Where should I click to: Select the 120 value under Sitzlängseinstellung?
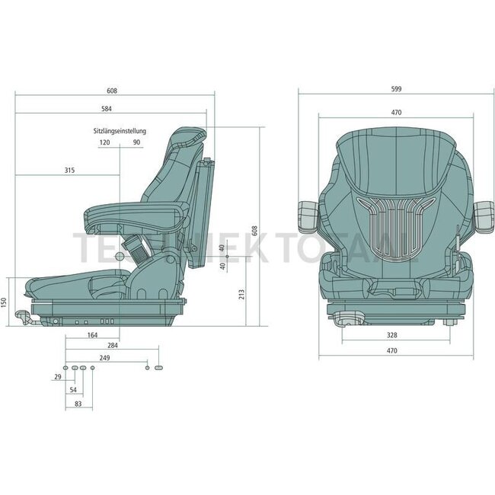tap(104, 142)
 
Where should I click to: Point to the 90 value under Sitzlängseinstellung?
tap(136, 142)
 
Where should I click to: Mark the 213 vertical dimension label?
tap(241, 294)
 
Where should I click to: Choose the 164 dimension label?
tap(93, 334)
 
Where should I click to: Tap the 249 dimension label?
tap(105, 357)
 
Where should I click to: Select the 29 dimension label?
tap(58, 378)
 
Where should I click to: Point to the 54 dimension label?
tap(73, 390)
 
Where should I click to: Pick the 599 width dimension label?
tap(395, 89)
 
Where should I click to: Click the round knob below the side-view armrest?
tap(120, 258)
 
